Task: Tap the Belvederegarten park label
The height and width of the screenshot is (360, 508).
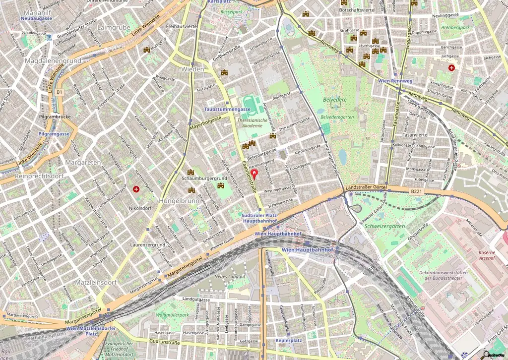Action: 337,117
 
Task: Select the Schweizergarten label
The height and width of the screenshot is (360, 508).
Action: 384,226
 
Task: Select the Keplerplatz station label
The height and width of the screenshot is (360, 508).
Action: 289,341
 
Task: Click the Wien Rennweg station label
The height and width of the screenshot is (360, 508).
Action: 395,81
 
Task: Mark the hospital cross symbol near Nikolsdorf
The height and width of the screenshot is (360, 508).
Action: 136,189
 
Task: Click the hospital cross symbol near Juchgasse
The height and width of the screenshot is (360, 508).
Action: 451,67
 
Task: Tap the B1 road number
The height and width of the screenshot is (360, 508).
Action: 60,92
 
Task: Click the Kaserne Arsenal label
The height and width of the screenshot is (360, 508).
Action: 487,256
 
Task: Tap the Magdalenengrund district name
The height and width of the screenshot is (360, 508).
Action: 53,60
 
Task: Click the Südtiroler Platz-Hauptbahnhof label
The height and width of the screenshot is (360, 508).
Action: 259,219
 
